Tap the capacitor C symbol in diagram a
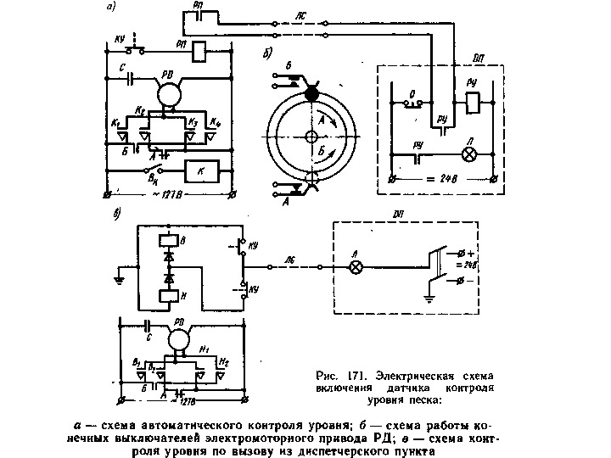pos(130,77)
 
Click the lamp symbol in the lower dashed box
pos(357,265)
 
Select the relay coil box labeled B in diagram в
pos(167,240)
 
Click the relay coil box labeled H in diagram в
pos(167,293)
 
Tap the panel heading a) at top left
pos(111,8)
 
